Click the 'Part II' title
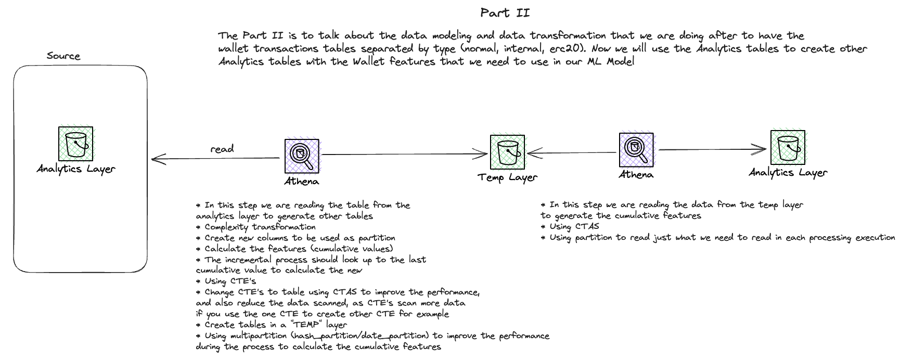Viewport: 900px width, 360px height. point(505,13)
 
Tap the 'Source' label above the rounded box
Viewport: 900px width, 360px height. point(63,56)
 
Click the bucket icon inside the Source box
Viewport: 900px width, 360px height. point(76,144)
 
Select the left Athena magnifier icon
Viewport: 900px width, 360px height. point(302,156)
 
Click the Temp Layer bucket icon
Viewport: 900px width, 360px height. point(507,152)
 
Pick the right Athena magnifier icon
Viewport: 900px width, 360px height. point(636,150)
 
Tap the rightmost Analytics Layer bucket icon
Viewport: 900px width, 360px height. point(788,147)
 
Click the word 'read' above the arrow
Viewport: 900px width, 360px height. point(222,149)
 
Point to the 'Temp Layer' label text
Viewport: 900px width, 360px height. point(507,178)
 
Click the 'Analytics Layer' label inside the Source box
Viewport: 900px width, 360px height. point(76,169)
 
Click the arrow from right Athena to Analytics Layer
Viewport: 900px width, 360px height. point(713,150)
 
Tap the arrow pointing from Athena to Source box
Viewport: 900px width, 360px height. point(215,158)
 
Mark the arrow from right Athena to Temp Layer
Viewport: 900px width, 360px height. point(572,153)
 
